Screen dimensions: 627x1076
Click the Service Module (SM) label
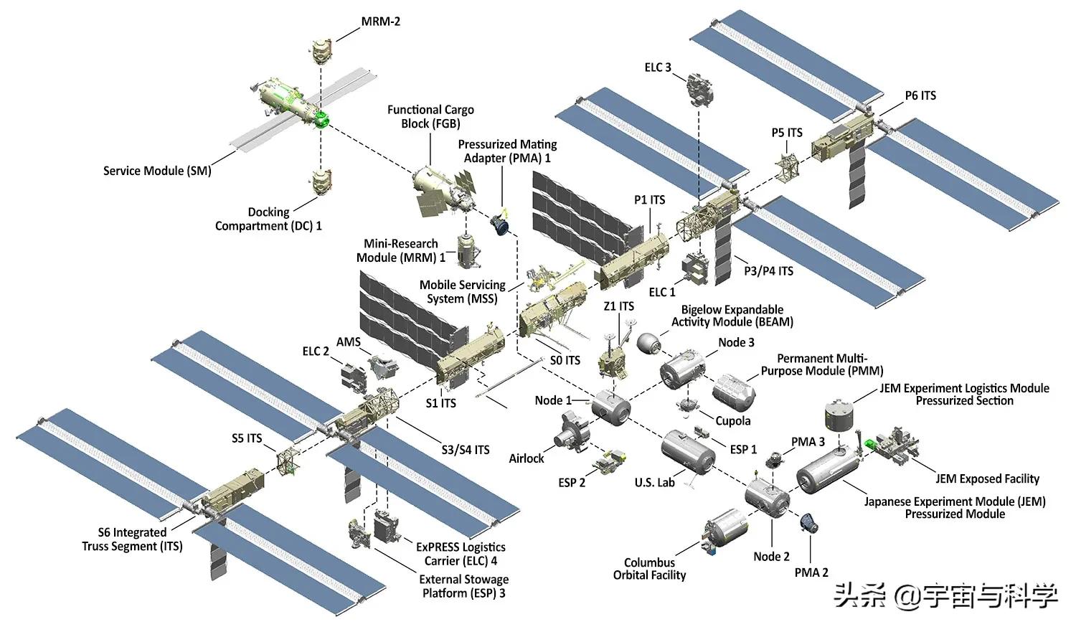pyautogui.click(x=157, y=171)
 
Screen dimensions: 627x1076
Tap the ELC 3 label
pyautogui.click(x=657, y=67)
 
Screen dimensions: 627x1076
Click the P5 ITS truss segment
pyautogui.click(x=788, y=166)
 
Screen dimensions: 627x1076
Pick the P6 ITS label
pyautogui.click(x=920, y=95)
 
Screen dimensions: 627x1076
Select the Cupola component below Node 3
pyautogui.click(x=689, y=406)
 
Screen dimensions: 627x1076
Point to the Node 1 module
pyautogui.click(x=610, y=407)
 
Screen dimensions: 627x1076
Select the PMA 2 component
pyautogui.click(x=810, y=523)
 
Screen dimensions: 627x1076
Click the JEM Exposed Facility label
pyautogui.click(x=987, y=478)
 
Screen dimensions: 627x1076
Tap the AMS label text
pyautogui.click(x=348, y=342)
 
